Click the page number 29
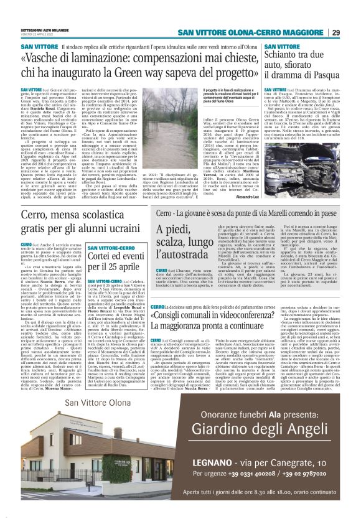[335, 32]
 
